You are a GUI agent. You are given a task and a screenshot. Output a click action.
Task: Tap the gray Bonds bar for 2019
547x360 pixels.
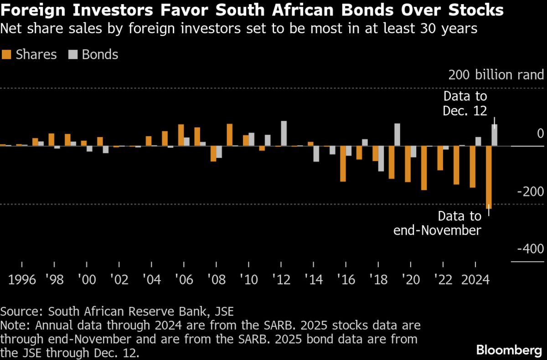pyautogui.click(x=397, y=135)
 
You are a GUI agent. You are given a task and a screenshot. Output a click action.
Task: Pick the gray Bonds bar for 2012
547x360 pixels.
pyautogui.click(x=284, y=134)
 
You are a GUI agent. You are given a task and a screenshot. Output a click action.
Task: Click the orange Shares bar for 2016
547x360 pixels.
pyautogui.click(x=343, y=164)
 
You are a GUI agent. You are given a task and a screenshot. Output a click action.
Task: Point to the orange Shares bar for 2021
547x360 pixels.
pyautogui.click(x=424, y=168)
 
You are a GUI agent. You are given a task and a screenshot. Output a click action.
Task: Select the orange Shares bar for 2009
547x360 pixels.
pyautogui.click(x=229, y=135)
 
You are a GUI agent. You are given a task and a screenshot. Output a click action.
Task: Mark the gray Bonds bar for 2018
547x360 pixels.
pyautogui.click(x=381, y=159)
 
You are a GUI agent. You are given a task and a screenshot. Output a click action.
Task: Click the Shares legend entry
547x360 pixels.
pyautogui.click(x=29, y=55)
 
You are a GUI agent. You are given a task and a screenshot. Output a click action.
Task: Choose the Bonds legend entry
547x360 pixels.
pyautogui.click(x=93, y=55)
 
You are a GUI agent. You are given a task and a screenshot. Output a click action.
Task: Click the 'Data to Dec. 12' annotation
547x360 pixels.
pyautogui.click(x=465, y=103)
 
